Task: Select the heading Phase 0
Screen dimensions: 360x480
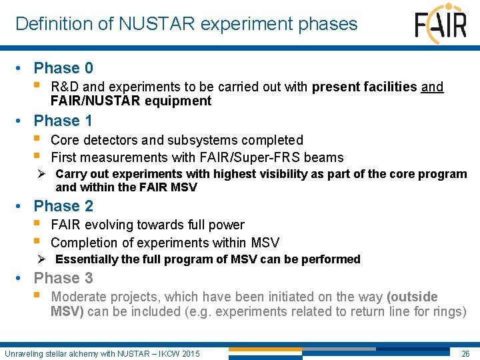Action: point(63,68)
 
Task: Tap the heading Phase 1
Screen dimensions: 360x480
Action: point(63,121)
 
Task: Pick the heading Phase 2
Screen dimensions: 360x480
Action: point(63,206)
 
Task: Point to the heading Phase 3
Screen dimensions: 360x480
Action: point(63,278)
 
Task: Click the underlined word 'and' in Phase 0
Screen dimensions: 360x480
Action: point(433,87)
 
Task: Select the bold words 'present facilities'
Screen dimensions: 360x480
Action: point(365,87)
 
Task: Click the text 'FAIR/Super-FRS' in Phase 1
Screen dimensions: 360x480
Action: point(241,158)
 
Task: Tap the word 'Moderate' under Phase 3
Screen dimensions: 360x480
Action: point(79,297)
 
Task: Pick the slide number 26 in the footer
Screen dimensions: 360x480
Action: point(466,353)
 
